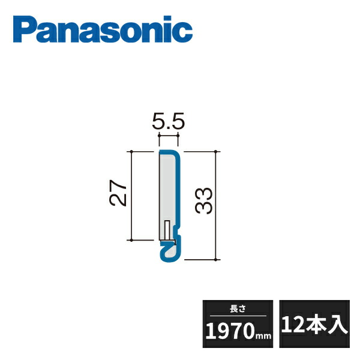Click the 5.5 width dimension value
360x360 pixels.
[168, 124]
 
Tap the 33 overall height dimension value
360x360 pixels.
[204, 200]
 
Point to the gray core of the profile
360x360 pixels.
[167, 192]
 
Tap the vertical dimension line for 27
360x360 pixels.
[131, 196]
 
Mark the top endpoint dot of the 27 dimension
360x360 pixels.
[131, 151]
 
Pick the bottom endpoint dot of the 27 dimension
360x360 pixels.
[131, 240]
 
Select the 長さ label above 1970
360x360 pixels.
[238, 309]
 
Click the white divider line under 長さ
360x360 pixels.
[238, 316]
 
